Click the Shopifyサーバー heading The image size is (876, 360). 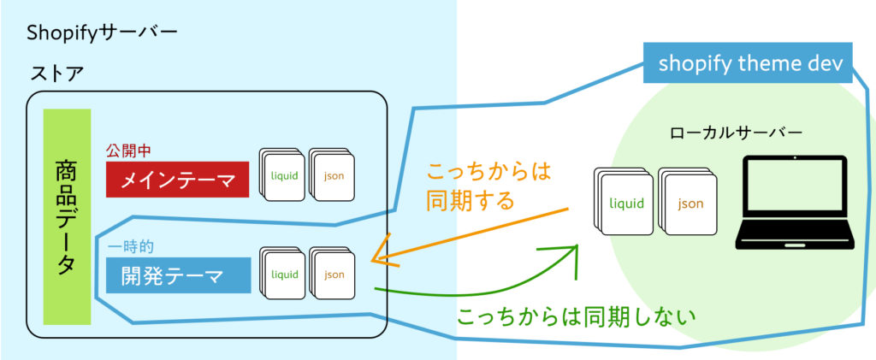click(102, 33)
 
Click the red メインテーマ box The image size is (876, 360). click(178, 180)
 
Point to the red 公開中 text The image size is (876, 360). click(129, 150)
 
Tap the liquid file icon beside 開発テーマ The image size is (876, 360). click(283, 274)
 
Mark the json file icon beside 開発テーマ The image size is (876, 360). click(332, 274)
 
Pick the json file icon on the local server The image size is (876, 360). click(690, 204)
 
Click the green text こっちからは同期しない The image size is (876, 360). click(577, 316)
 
